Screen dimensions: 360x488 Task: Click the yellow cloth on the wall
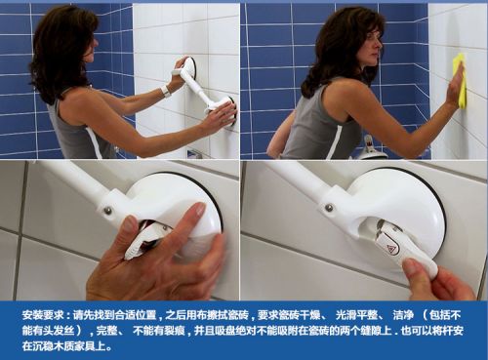tap(459, 80)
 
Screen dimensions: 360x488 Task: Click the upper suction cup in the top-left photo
tap(186, 67)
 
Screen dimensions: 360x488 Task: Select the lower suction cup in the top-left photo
tap(225, 109)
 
